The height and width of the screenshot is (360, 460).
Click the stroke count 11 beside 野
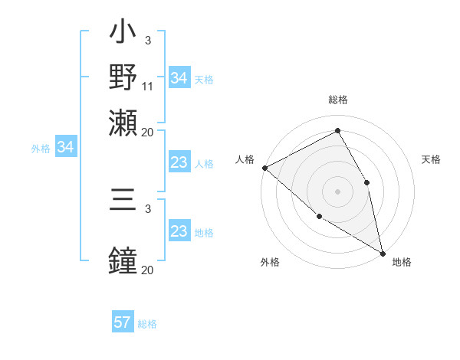pyautogui.click(x=148, y=87)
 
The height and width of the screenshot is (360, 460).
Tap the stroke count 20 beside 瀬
pyautogui.click(x=148, y=131)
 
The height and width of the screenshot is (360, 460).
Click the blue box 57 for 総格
pyautogui.click(x=123, y=322)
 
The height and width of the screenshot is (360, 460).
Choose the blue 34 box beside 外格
pyautogui.click(x=65, y=147)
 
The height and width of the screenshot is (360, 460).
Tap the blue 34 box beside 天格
pyautogui.click(x=179, y=78)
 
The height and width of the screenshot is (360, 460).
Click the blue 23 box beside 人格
pyautogui.click(x=179, y=163)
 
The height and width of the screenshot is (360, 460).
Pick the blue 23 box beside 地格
pyautogui.click(x=179, y=232)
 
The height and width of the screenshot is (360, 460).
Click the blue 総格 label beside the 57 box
pyautogui.click(x=147, y=324)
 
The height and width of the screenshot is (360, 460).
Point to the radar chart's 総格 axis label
pyautogui.click(x=338, y=100)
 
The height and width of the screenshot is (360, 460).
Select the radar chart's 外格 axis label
pyautogui.click(x=270, y=263)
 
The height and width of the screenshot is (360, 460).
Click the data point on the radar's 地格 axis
pyautogui.click(x=383, y=252)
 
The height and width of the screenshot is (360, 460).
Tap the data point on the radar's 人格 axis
pyautogui.click(x=264, y=168)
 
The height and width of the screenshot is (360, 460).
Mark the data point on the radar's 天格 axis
pyautogui.click(x=367, y=182)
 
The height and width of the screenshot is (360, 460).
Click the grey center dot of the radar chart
pyautogui.click(x=338, y=191)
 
